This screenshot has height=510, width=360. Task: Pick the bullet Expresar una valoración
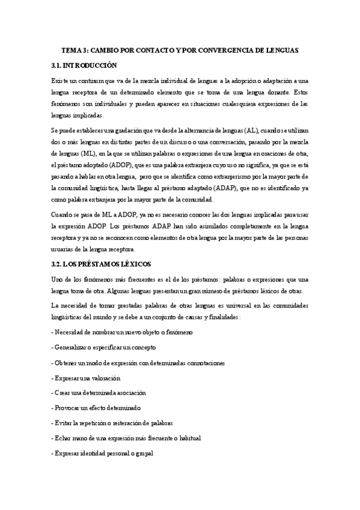[x=87, y=378]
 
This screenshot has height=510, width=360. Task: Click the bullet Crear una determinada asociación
[x=99, y=392]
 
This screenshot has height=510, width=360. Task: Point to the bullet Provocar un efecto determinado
[x=101, y=407]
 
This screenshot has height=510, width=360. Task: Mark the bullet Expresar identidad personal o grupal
[x=103, y=452]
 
